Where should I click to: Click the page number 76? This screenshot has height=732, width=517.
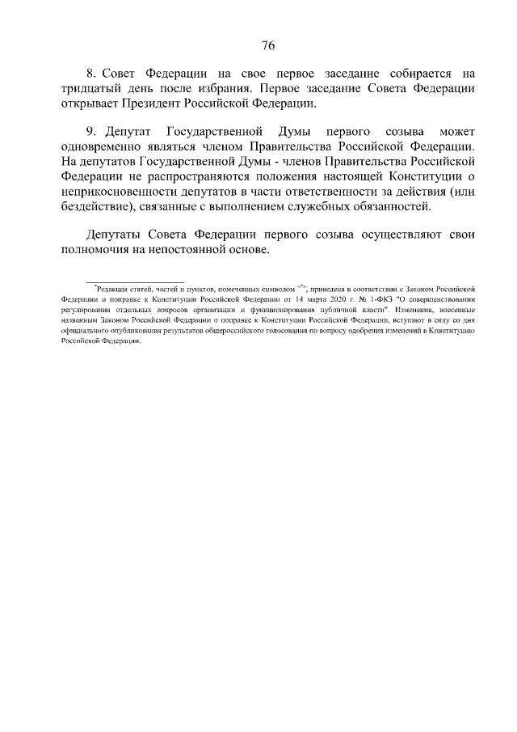(268, 44)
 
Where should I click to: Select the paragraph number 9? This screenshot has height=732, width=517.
(90, 130)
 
